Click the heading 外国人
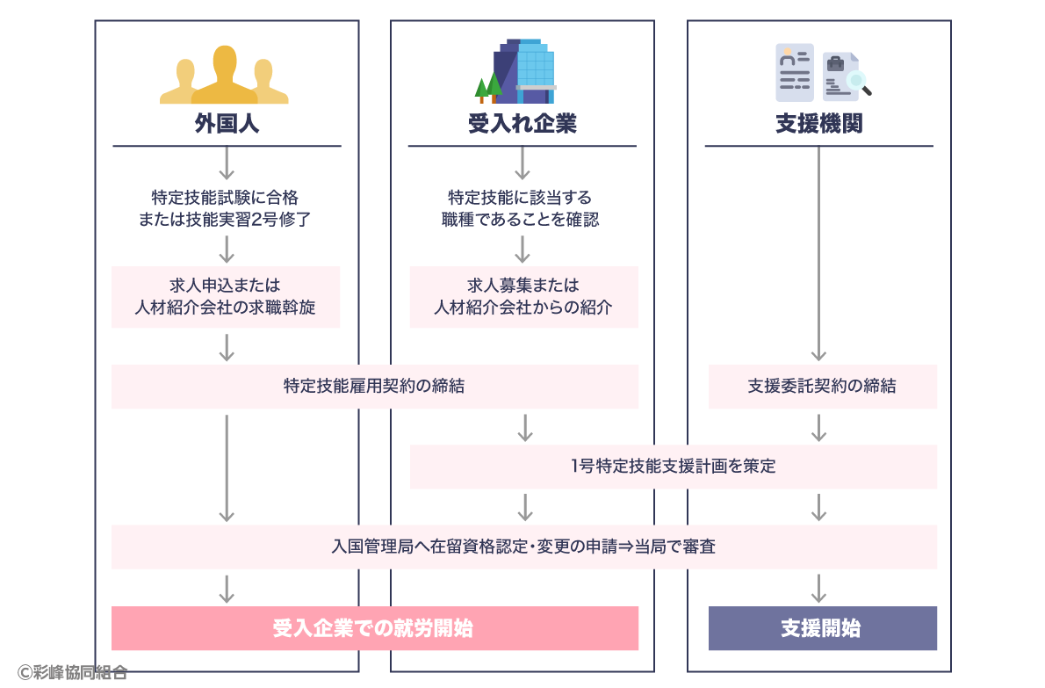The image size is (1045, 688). (227, 124)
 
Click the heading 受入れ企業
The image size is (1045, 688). (522, 124)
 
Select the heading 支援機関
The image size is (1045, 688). (818, 124)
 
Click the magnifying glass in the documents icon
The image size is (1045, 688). (857, 83)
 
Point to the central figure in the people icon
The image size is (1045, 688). (225, 75)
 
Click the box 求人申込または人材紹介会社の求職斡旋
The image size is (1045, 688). (226, 297)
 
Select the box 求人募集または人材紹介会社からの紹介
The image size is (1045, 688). (523, 297)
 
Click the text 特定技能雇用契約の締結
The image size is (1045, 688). (374, 387)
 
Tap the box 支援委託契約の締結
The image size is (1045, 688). (822, 387)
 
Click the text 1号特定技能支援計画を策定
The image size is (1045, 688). (673, 467)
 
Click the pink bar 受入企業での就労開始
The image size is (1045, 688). (374, 628)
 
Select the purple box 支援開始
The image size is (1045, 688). (822, 628)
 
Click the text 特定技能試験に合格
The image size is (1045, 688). (226, 197)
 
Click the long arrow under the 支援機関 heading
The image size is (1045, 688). (818, 255)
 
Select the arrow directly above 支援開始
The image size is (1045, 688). (818, 587)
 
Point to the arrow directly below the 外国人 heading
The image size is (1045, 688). (227, 163)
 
